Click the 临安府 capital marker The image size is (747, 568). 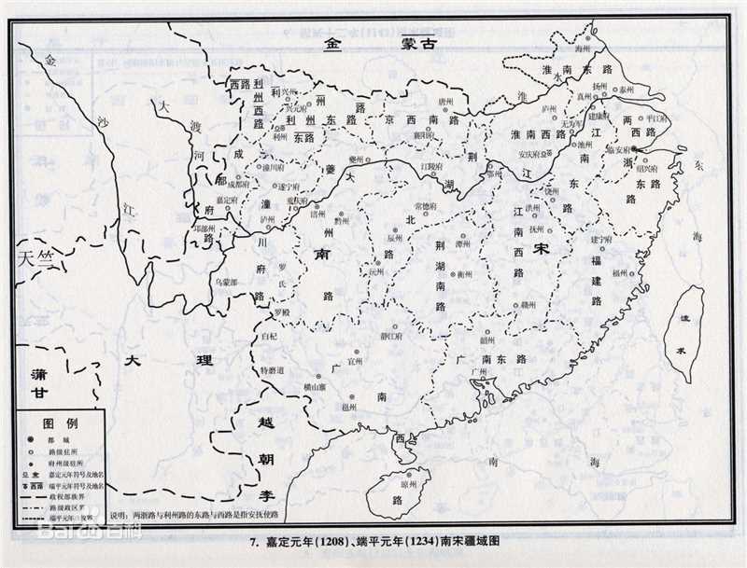tap(634, 148)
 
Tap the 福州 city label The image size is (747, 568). tap(621, 273)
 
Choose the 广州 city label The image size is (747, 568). tap(481, 373)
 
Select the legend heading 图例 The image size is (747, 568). tap(65, 423)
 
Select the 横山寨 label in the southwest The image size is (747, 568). tap(291, 386)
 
